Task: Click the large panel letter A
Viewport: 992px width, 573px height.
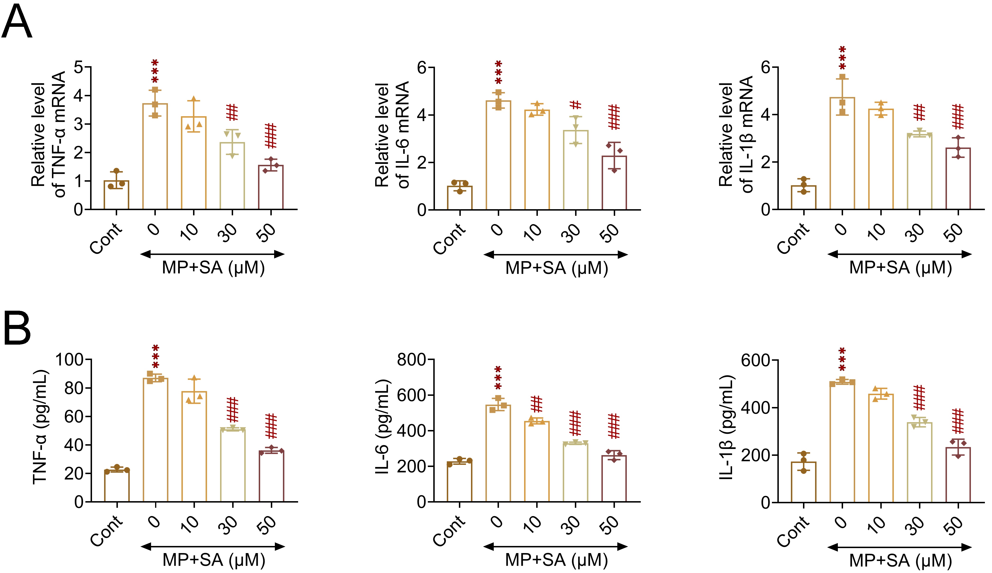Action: click(17, 23)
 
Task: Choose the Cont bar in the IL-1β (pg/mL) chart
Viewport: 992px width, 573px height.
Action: click(803, 482)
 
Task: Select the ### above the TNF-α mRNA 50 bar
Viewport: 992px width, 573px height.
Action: click(271, 136)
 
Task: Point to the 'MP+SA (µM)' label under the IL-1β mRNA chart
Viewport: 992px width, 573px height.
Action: click(900, 268)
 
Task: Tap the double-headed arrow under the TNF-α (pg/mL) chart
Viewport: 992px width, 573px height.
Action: click(212, 546)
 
